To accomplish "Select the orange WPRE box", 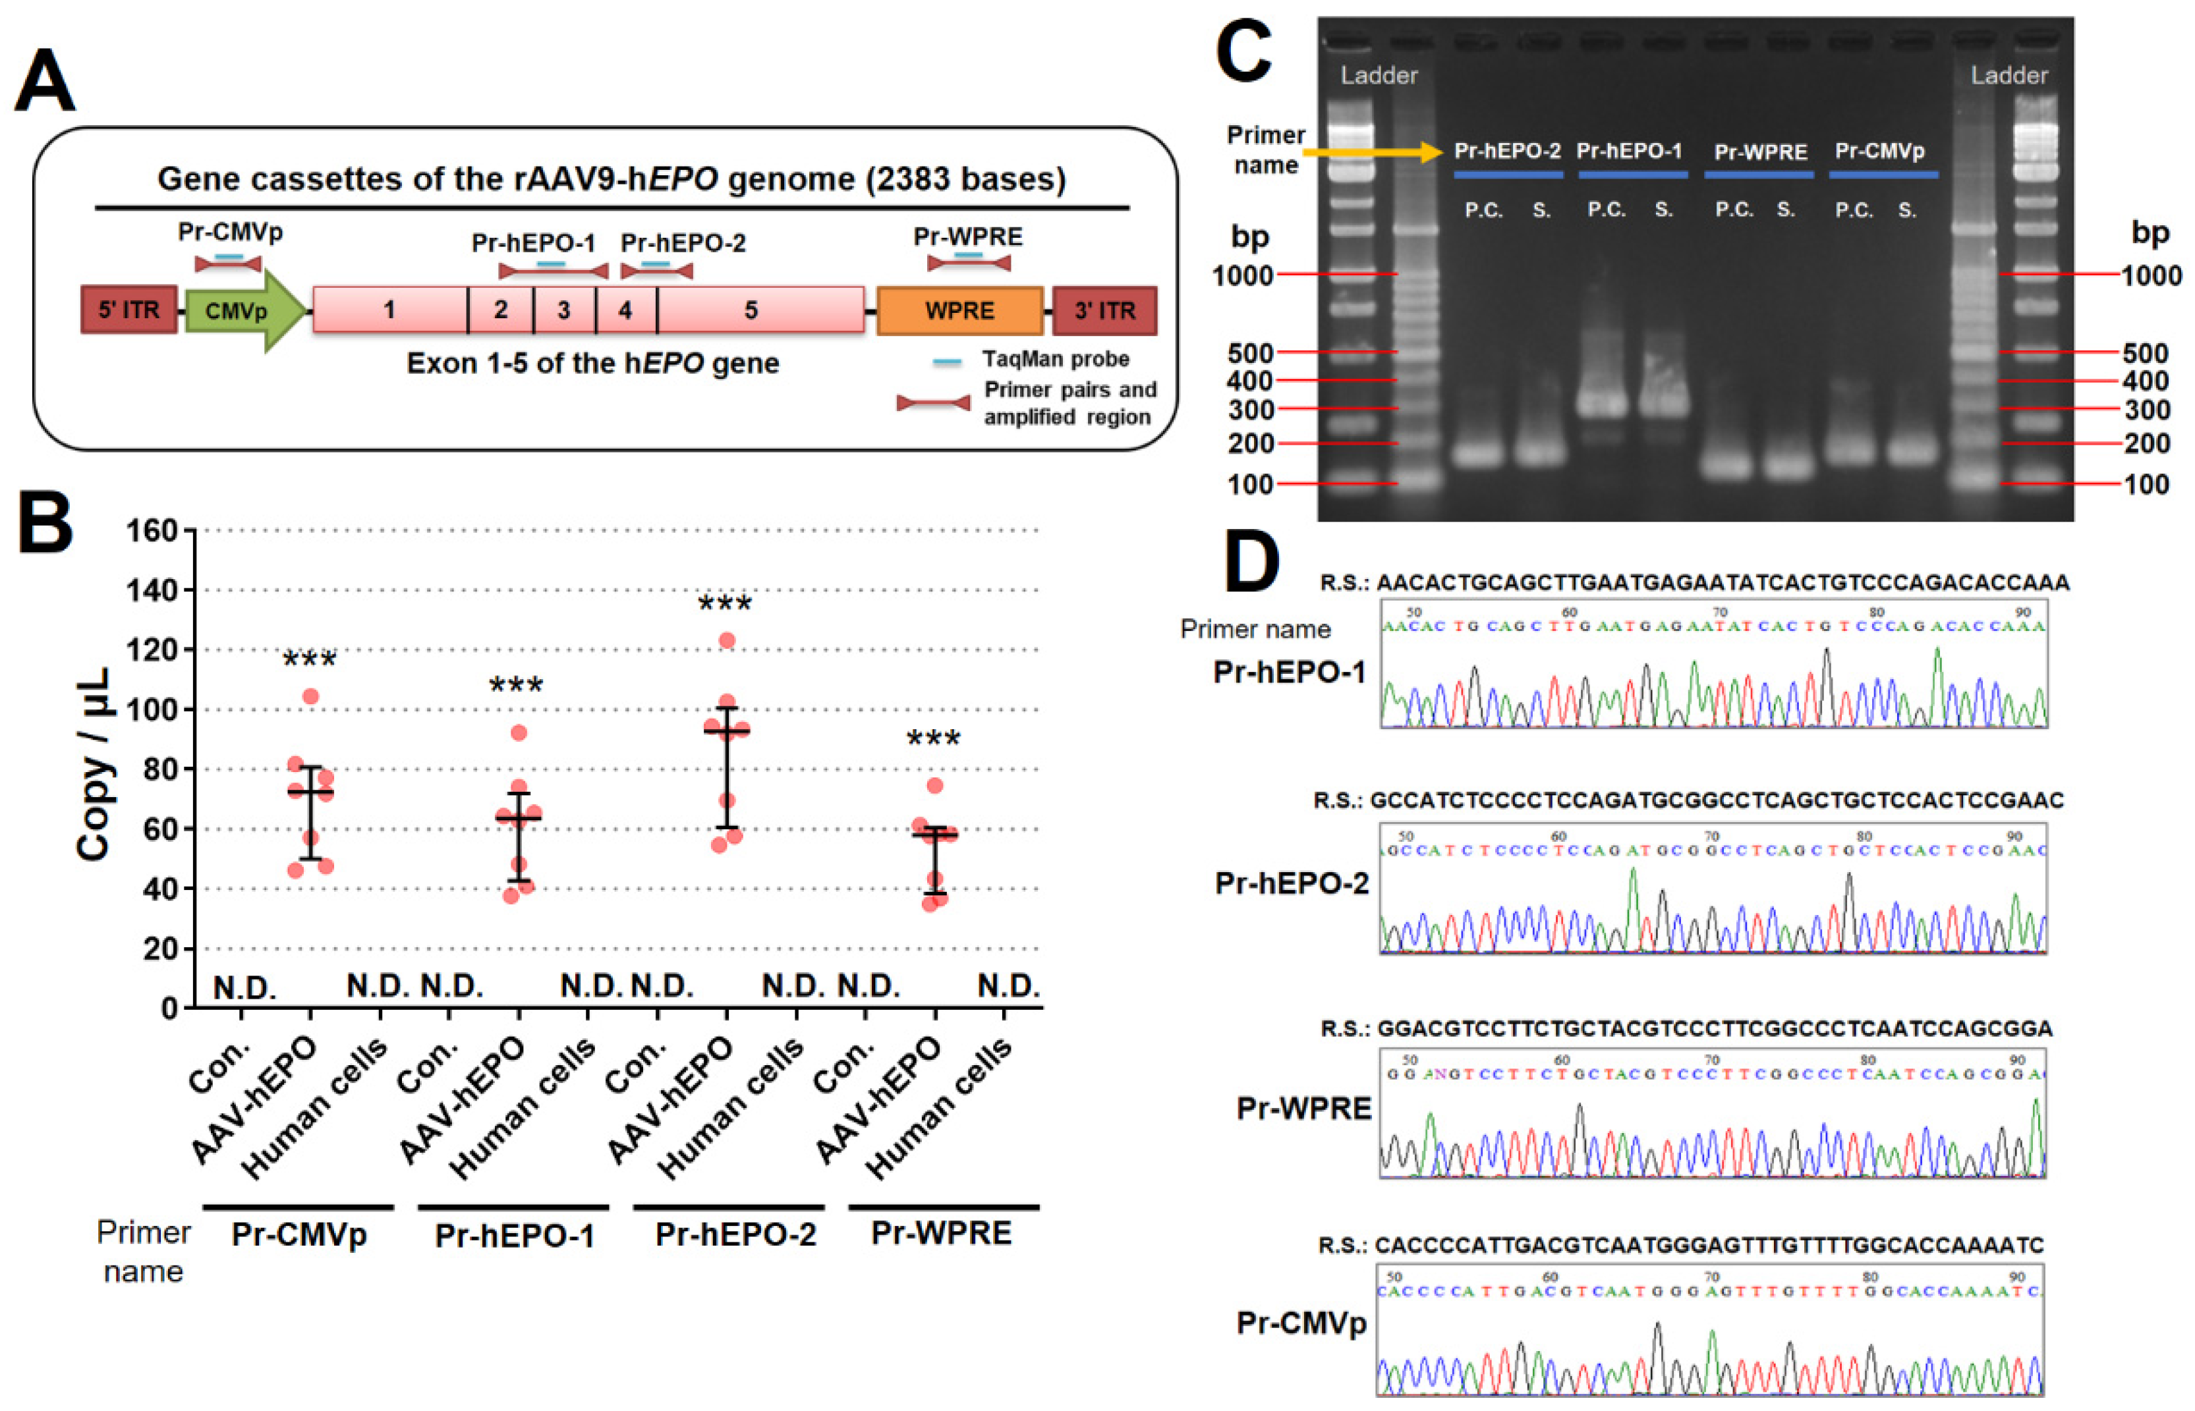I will [x=959, y=311].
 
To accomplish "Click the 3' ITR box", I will [x=1104, y=311].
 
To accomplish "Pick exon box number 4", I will [x=625, y=311].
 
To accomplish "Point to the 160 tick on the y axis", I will [x=152, y=530].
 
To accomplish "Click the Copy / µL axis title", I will [x=94, y=765].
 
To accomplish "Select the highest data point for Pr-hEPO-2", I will [x=727, y=640].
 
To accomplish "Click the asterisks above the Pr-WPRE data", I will [x=933, y=738].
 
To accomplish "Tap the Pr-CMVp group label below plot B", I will [x=299, y=1234].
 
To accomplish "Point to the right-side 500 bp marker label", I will [x=2145, y=354].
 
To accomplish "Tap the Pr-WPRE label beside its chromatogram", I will [x=1303, y=1109].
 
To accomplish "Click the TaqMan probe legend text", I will [x=1055, y=359].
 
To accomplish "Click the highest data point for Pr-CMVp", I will [x=310, y=696].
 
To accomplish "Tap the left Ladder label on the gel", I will [x=1379, y=75].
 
